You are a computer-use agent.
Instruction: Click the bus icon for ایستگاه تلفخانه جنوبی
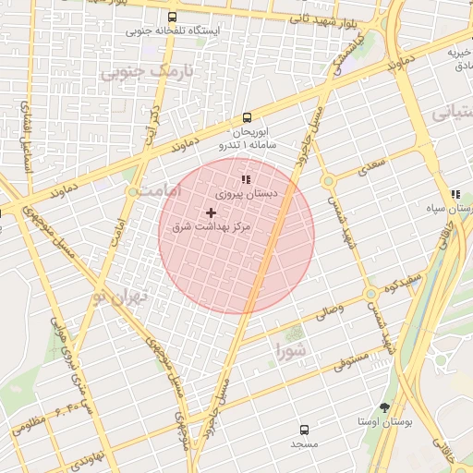click(x=172, y=17)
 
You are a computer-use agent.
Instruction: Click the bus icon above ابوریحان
click(x=247, y=117)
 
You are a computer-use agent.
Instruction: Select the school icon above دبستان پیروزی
click(x=245, y=179)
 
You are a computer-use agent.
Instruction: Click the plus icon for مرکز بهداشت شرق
click(x=212, y=212)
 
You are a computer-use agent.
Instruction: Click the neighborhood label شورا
click(x=293, y=349)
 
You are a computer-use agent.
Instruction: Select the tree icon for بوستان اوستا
click(x=384, y=406)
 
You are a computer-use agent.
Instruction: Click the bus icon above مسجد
click(x=305, y=430)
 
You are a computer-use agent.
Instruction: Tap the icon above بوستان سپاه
click(x=455, y=194)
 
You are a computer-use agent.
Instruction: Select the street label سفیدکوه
click(x=406, y=278)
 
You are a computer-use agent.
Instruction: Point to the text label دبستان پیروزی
click(x=246, y=195)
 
